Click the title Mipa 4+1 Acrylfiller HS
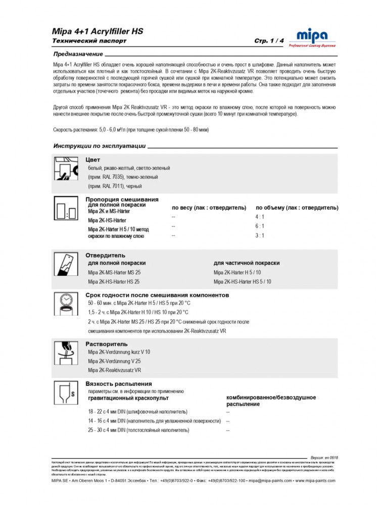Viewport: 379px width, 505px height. pos(98,31)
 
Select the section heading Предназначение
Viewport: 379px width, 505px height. pos(78,54)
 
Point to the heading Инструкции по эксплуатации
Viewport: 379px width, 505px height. pos(100,146)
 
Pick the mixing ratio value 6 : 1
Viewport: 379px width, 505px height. pos(260,226)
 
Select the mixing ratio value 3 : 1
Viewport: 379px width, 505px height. pos(260,235)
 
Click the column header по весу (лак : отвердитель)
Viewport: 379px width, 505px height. pos(209,208)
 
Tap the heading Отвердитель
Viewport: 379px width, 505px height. pos(105,255)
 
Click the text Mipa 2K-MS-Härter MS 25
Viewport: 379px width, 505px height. pos(114,273)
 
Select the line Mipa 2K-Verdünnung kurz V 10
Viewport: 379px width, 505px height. pos(119,352)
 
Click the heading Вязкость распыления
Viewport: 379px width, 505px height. pos(119,384)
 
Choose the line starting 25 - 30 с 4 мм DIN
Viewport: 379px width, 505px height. pos(138,430)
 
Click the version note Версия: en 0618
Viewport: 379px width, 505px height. pos(324,458)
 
